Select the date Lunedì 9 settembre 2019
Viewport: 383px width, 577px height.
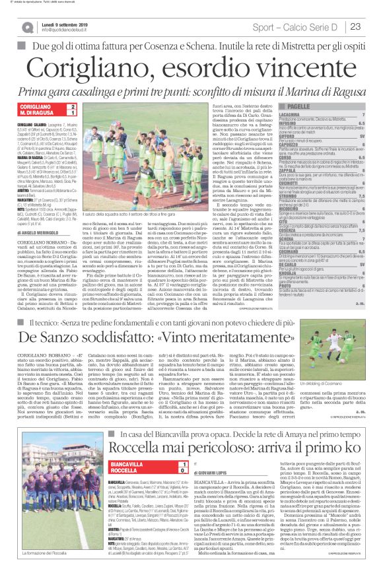coord(69,23)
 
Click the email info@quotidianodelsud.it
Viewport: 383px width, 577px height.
coord(68,30)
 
